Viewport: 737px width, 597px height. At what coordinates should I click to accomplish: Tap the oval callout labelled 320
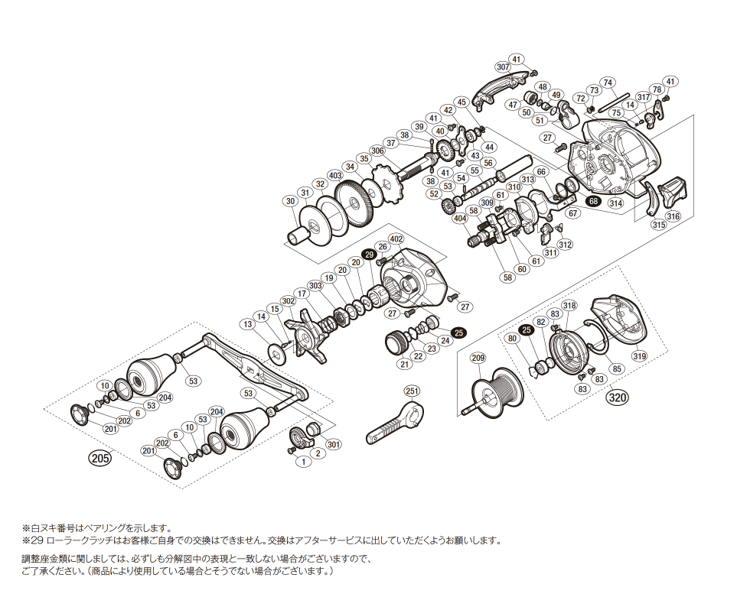click(618, 398)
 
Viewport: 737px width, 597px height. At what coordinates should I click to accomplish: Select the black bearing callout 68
click(594, 201)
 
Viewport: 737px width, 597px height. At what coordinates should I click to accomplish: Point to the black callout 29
click(369, 254)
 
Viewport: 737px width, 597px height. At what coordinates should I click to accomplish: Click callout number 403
click(335, 175)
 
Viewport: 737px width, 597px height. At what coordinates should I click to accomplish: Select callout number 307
click(503, 67)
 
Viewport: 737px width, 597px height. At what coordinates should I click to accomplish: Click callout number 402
click(396, 239)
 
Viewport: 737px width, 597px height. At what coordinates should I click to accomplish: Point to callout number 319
click(639, 356)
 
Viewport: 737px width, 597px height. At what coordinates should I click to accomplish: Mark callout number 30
click(291, 201)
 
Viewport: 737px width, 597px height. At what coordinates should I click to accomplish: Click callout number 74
click(608, 83)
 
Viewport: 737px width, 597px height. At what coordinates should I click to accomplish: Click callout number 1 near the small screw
click(303, 462)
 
